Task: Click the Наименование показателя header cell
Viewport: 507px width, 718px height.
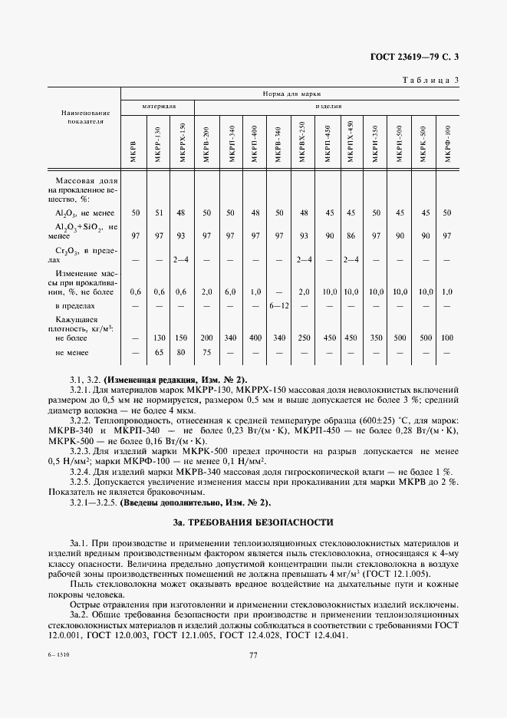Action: tap(85, 117)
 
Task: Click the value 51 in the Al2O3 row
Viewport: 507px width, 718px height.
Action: tap(159, 212)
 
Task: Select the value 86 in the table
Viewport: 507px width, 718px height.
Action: tap(352, 235)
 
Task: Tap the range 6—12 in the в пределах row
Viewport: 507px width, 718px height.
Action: tap(279, 306)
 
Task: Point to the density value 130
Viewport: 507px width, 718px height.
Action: tap(159, 338)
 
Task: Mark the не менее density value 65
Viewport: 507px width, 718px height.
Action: tap(159, 352)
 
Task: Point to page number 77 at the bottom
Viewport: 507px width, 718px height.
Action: tap(253, 654)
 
